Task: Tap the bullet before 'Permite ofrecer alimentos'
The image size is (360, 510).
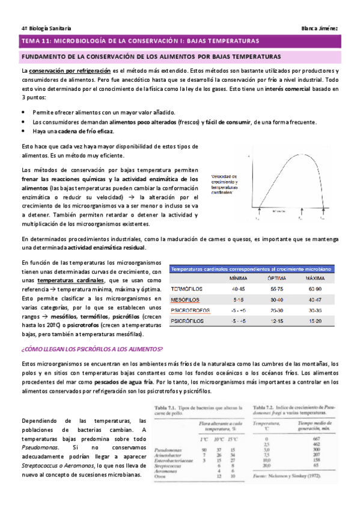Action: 23,112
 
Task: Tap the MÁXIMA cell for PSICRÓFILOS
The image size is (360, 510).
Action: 316,322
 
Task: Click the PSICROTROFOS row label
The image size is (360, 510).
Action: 191,311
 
